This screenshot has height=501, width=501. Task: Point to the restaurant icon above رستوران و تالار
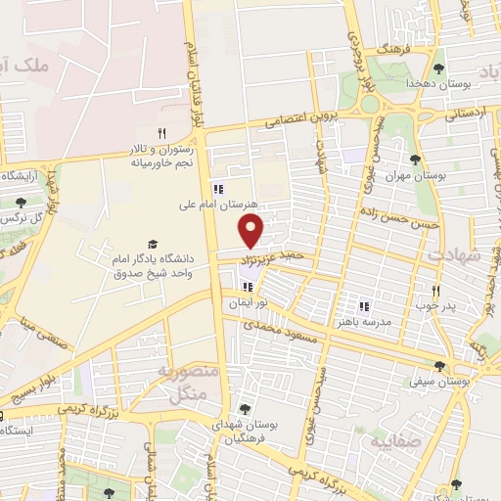coord(162,133)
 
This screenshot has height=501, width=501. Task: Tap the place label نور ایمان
coord(248,304)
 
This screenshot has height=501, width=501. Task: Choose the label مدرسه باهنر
coord(363,321)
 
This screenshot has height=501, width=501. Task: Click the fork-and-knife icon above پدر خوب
coord(436,291)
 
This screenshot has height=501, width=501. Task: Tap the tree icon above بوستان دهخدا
coord(436,68)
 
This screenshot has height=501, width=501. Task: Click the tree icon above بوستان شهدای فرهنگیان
coord(244,409)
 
